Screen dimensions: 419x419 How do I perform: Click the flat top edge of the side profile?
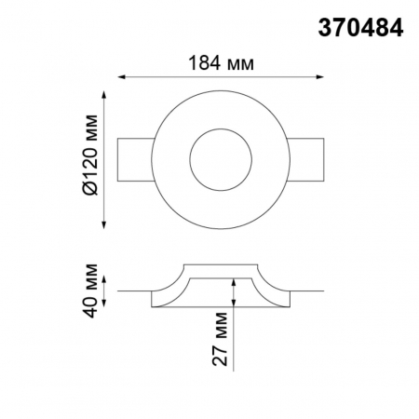click(x=221, y=264)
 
